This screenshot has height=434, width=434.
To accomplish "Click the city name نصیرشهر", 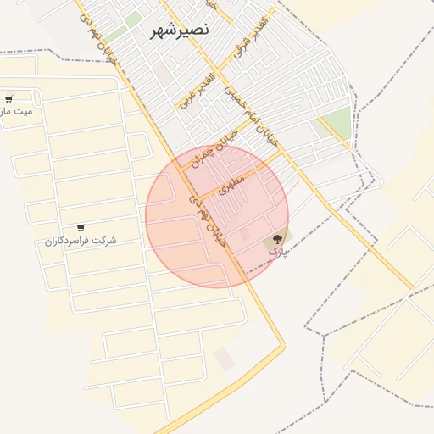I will point(179,31).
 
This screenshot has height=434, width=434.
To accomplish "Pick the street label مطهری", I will point(231,182).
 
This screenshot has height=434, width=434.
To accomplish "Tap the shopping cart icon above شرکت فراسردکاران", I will point(81,227).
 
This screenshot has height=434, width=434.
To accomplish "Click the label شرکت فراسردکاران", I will point(81,241).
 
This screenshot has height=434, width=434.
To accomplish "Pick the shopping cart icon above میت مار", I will point(8,98).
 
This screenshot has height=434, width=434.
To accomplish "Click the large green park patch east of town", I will point(336,124).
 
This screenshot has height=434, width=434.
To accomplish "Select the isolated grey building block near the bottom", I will point(224,359).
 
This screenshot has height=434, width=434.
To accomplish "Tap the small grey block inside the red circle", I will point(245,234).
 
